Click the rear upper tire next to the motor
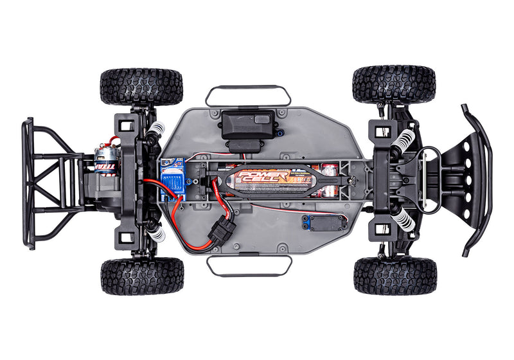pyautogui.click(x=141, y=86)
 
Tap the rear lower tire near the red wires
pyautogui.click(x=142, y=276)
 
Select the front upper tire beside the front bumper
pyautogui.click(x=394, y=84)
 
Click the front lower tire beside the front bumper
pyautogui.click(x=394, y=276)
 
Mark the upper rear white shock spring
pyautogui.click(x=155, y=135)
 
